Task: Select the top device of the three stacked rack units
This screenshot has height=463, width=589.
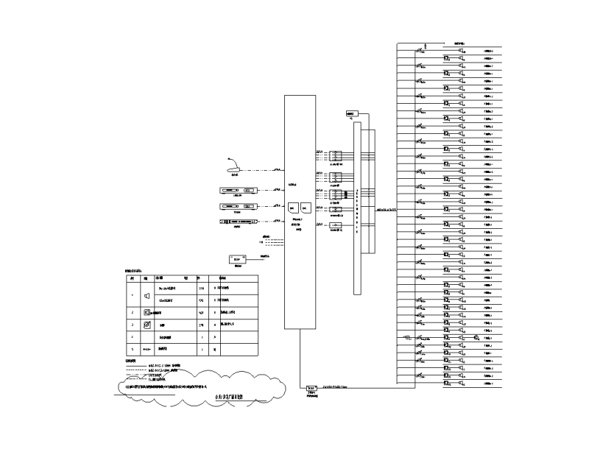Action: click(239, 191)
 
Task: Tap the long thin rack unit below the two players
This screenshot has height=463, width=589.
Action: click(237, 221)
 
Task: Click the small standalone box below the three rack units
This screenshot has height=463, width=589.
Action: click(236, 259)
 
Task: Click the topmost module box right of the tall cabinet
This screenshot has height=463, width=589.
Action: click(335, 156)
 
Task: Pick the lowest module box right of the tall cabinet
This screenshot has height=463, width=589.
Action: click(335, 225)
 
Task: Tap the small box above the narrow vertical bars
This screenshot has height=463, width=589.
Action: click(350, 114)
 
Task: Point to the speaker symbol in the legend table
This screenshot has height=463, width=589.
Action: click(147, 294)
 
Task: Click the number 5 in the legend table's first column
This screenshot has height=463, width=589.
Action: click(132, 350)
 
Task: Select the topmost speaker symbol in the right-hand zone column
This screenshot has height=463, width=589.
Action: click(461, 51)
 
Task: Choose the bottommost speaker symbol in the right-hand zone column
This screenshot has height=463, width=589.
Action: click(461, 384)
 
